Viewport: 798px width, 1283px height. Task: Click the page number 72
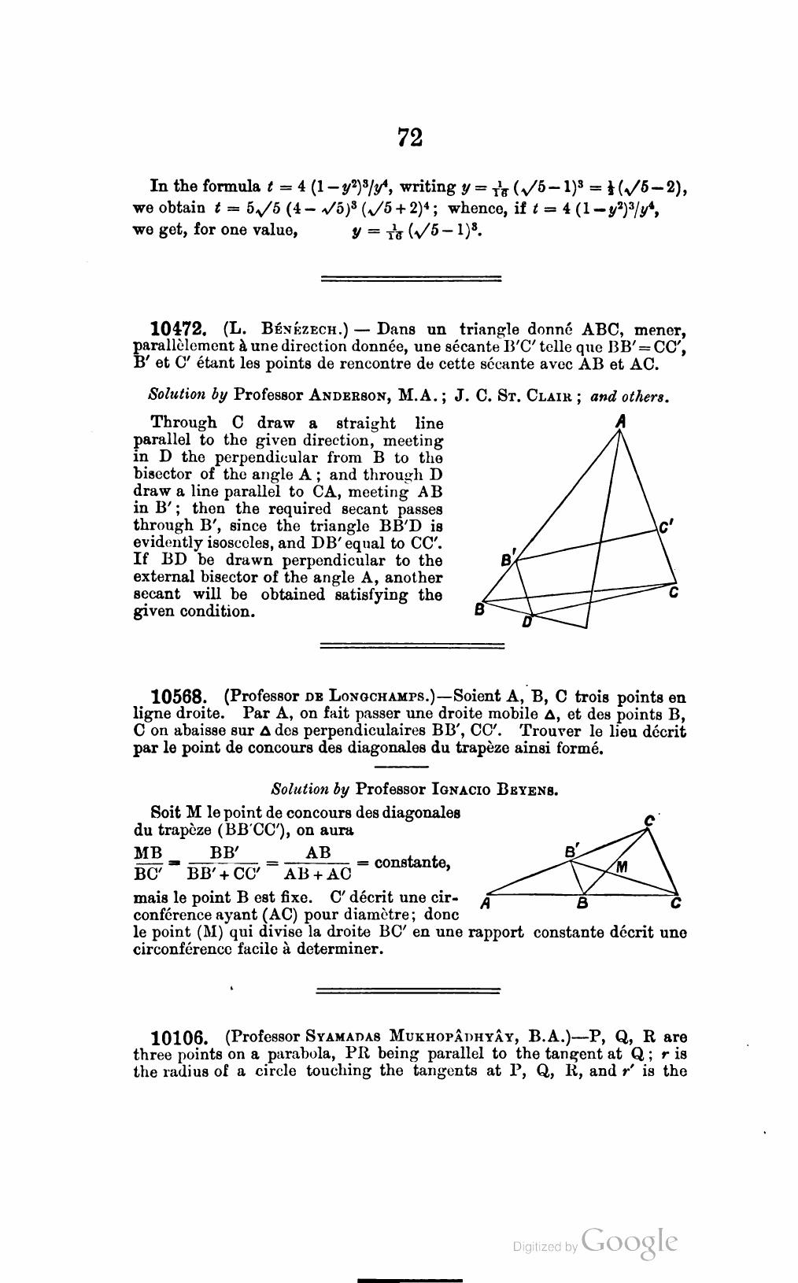[410, 138]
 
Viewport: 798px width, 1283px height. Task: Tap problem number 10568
[179, 697]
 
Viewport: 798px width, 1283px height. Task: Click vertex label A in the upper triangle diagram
[621, 421]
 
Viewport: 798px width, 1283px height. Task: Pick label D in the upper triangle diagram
[527, 623]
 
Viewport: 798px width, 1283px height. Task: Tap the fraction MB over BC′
[149, 863]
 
